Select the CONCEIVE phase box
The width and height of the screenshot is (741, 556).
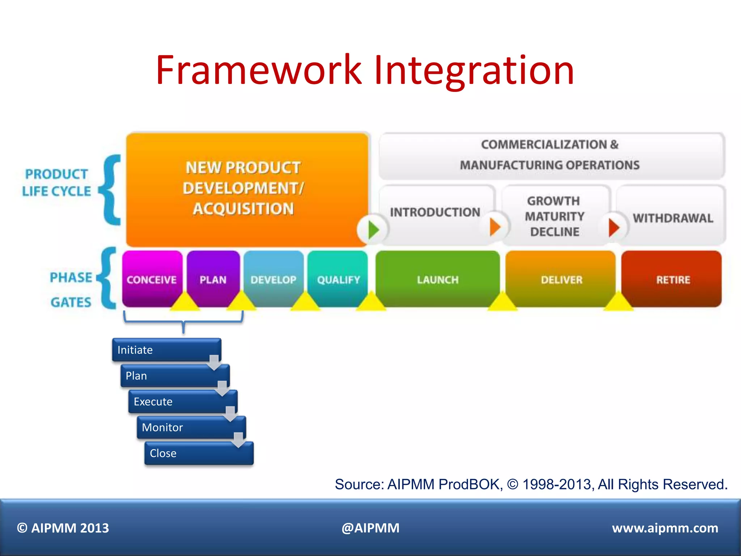152,279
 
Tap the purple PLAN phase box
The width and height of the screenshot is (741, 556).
213,279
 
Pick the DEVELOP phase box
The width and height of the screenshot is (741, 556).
274,279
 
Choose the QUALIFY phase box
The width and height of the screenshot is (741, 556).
338,279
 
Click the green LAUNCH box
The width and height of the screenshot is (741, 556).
437,279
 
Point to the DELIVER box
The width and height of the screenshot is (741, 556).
561,279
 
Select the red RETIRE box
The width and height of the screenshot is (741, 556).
673,279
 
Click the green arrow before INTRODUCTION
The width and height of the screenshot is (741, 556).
373,229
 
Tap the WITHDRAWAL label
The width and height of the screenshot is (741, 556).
673,218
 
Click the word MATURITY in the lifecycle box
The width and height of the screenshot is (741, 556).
554,216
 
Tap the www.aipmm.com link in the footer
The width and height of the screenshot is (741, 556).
665,528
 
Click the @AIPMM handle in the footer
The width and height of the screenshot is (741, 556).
370,528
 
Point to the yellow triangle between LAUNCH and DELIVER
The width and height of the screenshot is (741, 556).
502,302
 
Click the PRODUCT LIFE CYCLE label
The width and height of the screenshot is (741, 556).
56,182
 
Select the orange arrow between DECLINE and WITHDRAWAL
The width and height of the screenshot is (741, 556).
614,227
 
